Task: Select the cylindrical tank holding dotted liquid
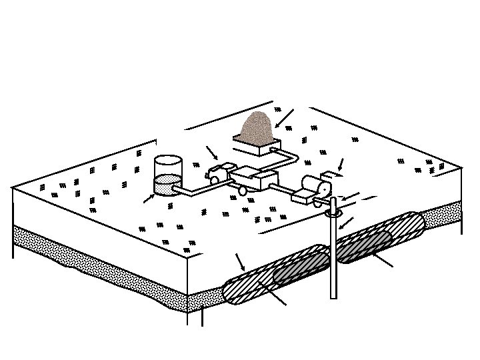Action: (x=167, y=175)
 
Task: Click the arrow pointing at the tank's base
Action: (x=149, y=198)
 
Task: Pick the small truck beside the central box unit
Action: (x=218, y=173)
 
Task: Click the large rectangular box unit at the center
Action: (x=254, y=179)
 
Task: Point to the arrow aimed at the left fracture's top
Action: (x=241, y=263)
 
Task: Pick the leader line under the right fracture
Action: (x=383, y=260)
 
